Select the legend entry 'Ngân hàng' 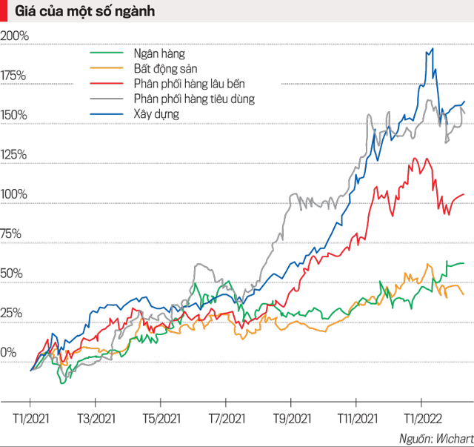click(x=160, y=54)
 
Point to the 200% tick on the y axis click(x=14, y=36)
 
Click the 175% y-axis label click(x=14, y=75)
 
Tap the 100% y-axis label click(x=14, y=194)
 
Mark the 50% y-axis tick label click(x=12, y=274)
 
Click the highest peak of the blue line click(x=432, y=49)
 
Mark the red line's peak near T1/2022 click(x=415, y=158)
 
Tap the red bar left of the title click(x=3, y=11)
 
